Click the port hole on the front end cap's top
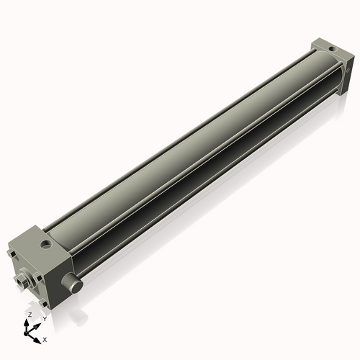coord(47,245)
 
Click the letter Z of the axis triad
coord(30,315)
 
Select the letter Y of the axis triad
coord(44,318)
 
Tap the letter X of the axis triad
coord(45,338)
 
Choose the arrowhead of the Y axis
coord(37,324)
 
